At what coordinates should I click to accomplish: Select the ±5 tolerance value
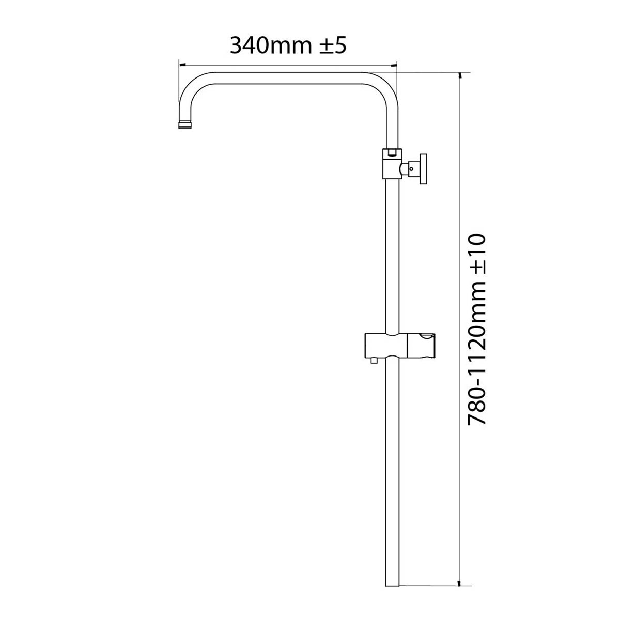(329, 45)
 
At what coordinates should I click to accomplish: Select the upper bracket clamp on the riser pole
(392, 164)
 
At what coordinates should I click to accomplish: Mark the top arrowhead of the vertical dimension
(459, 75)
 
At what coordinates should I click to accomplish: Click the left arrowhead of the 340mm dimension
(181, 65)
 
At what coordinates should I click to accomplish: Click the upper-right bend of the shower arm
(385, 85)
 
